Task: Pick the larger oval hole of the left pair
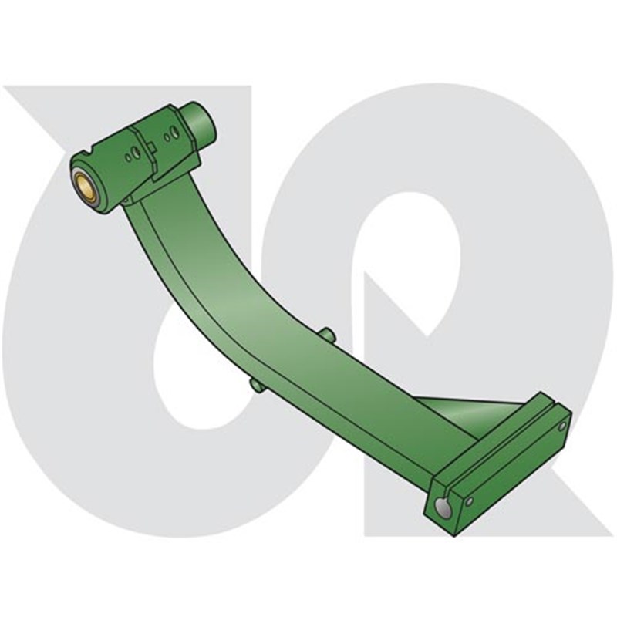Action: pyautogui.click(x=137, y=152)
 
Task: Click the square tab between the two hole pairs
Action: pyautogui.click(x=152, y=147)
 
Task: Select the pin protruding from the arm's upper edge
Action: pyautogui.click(x=327, y=334)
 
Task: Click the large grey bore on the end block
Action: pyautogui.click(x=442, y=506)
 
